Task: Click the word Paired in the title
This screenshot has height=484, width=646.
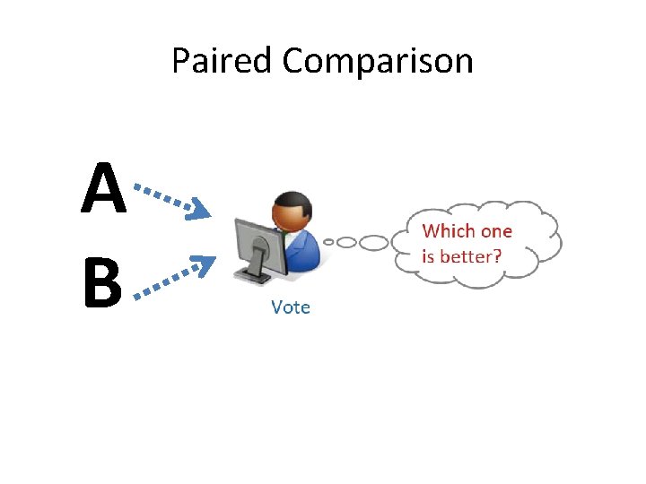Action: coord(223,62)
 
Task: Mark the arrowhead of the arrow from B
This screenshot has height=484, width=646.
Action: coord(205,263)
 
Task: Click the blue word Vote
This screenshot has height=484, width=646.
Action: coord(290,307)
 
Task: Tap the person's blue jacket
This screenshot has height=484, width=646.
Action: coord(303,251)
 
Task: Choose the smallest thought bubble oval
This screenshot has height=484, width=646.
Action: coord(329,241)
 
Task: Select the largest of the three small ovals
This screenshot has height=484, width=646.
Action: coord(374,242)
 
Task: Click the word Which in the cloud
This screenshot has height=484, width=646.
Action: coord(449,231)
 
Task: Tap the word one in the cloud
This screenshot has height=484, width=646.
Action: coord(495,231)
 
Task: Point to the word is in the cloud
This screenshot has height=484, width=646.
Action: coord(428,256)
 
